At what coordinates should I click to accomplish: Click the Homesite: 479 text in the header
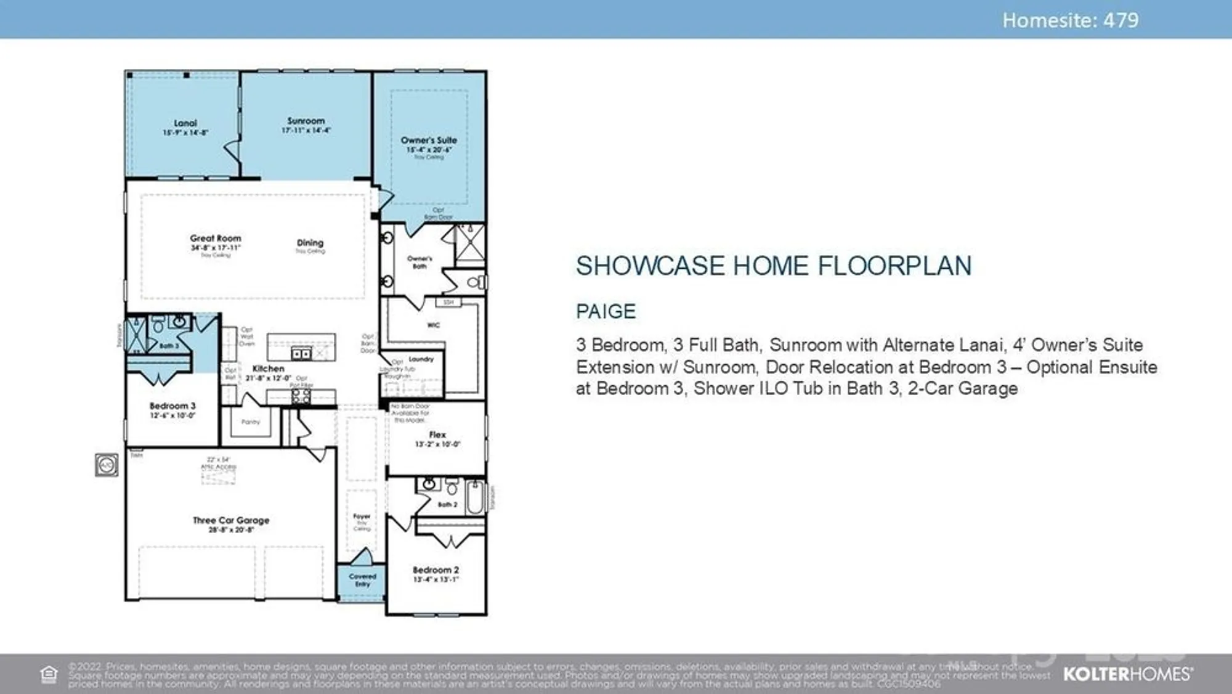point(1070,20)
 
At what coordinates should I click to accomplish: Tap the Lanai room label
point(185,123)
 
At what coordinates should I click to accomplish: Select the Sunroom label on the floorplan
point(306,121)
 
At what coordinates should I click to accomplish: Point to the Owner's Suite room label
point(429,141)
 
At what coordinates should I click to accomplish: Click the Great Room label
point(216,239)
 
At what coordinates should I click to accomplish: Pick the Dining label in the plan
point(310,243)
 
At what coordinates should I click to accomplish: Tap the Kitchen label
point(268,369)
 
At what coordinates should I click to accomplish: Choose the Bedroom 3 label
point(172,406)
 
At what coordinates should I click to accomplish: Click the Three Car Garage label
point(231,520)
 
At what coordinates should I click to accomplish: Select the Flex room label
point(437,435)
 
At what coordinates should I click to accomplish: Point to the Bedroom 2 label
point(436,570)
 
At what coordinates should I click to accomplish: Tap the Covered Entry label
point(362,580)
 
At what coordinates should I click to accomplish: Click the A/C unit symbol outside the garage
point(107,465)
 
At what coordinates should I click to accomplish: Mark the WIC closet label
point(434,325)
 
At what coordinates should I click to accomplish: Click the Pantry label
point(251,422)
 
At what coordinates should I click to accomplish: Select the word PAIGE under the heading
point(606,311)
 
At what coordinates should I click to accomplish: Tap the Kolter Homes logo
point(1127,674)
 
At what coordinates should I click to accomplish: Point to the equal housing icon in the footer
point(49,674)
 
